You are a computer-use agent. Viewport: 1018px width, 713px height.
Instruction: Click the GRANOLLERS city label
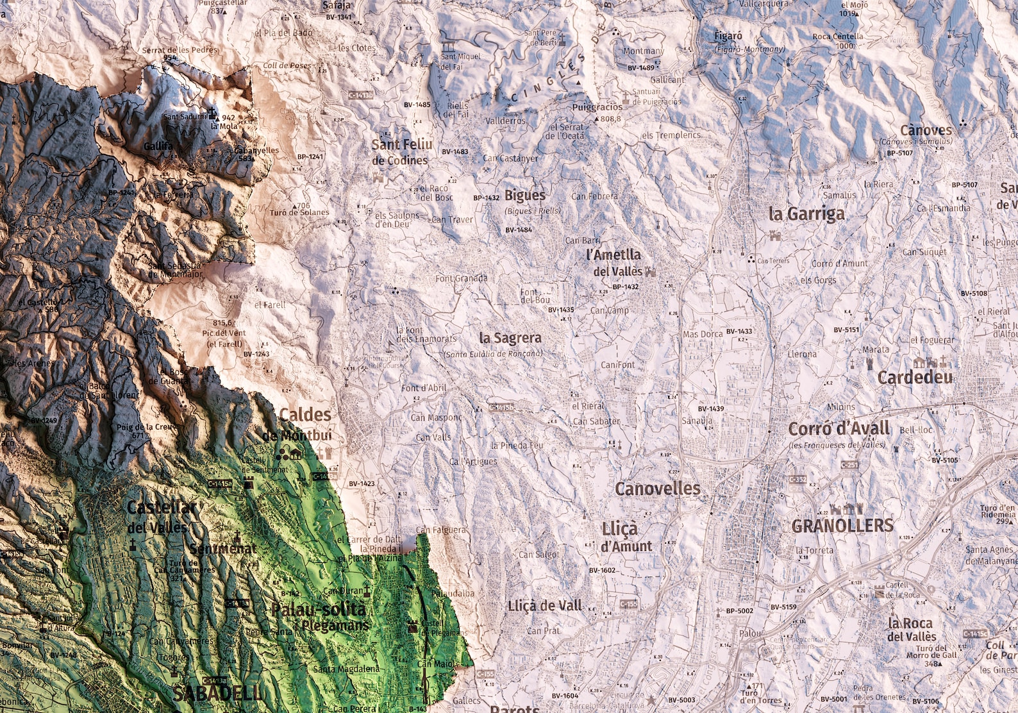[842, 526]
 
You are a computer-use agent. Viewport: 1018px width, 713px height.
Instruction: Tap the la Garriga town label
[806, 214]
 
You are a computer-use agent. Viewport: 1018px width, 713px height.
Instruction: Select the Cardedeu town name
[915, 378]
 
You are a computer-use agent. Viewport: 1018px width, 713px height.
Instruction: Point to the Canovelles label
[657, 489]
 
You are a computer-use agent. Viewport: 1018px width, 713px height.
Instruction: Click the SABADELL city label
[217, 692]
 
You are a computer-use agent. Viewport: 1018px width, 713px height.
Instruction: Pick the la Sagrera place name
[510, 338]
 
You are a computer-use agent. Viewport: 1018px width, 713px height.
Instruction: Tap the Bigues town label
[525, 195]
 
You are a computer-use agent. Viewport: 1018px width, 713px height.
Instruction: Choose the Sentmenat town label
[222, 549]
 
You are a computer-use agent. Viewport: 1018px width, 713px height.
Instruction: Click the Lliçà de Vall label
[545, 605]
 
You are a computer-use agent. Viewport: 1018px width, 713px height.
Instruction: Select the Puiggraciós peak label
[597, 107]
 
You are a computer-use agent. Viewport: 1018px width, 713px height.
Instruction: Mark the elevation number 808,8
[611, 119]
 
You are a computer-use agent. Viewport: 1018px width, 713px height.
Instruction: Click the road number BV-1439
[711, 408]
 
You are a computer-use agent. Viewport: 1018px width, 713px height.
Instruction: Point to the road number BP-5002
[740, 611]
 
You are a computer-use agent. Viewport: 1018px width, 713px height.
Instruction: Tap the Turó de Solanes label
[299, 213]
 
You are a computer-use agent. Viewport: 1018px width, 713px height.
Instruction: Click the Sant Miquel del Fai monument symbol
[449, 46]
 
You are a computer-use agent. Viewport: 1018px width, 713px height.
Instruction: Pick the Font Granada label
[461, 278]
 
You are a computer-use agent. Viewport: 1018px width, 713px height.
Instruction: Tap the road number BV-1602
[602, 570]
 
